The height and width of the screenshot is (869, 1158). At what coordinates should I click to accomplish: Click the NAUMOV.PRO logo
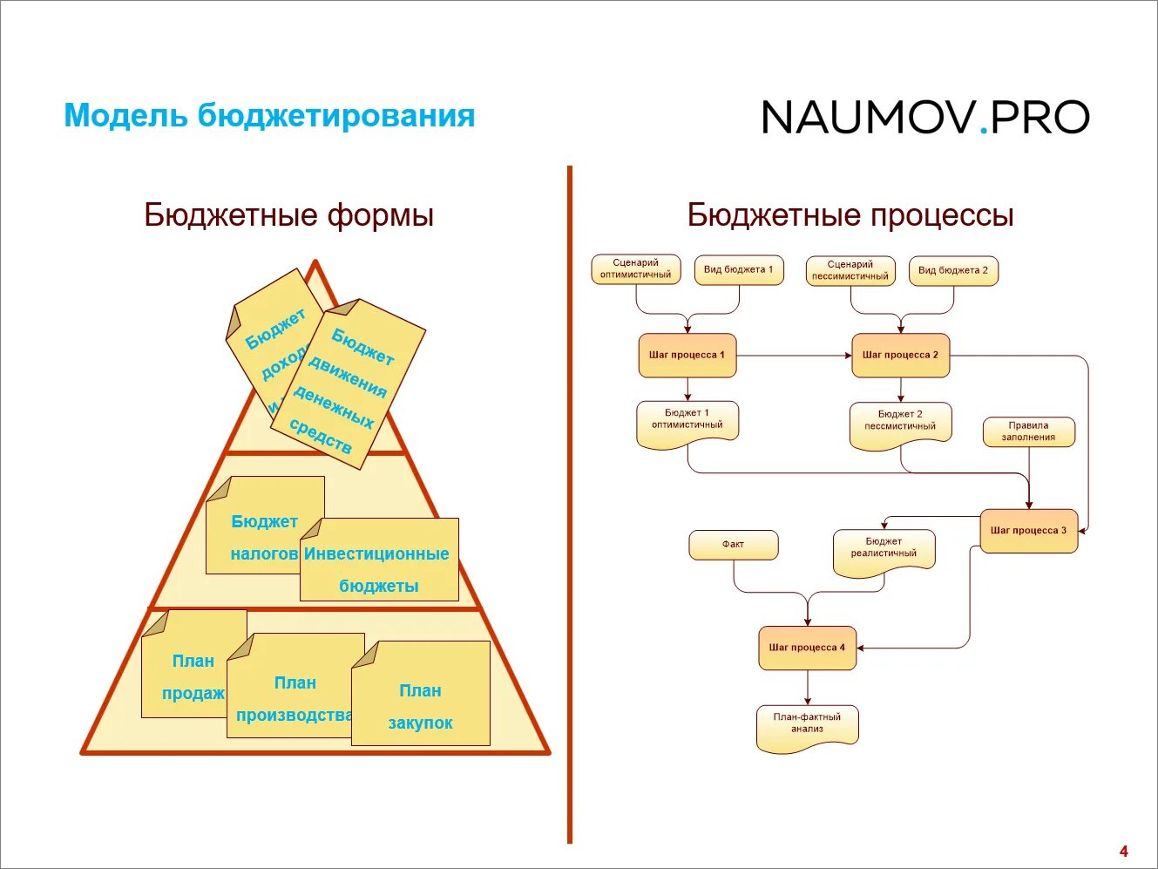click(925, 118)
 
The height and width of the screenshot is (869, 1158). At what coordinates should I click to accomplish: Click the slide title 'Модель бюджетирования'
click(269, 116)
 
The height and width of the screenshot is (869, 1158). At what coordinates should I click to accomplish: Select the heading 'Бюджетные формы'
click(288, 215)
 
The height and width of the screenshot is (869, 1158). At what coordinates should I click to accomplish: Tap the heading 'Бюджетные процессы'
click(850, 215)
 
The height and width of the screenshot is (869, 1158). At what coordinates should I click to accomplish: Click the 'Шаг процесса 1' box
click(687, 356)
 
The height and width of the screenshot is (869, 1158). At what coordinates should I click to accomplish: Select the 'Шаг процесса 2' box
click(900, 356)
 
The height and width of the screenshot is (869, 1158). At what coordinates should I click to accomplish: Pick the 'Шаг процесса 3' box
click(1028, 531)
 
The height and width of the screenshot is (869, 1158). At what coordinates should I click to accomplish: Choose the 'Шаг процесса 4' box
click(807, 648)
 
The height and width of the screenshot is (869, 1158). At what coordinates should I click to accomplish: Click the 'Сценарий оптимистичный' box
click(635, 269)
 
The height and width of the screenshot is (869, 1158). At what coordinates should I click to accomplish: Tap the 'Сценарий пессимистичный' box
click(850, 271)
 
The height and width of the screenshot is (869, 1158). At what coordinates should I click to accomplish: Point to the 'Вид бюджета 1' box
click(739, 270)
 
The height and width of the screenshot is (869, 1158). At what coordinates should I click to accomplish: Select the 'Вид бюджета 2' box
click(953, 271)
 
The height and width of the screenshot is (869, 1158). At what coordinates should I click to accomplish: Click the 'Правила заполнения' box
click(1028, 432)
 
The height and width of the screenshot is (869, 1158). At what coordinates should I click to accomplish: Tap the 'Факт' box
click(733, 546)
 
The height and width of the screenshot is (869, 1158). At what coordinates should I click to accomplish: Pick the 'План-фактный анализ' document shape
click(807, 727)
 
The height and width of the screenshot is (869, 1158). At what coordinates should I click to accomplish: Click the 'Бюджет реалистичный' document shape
click(884, 552)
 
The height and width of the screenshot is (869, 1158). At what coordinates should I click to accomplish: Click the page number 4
click(1123, 852)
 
